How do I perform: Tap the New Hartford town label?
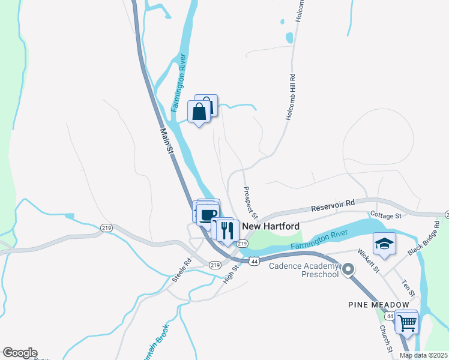coord(271,226)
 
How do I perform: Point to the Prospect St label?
coord(250,202)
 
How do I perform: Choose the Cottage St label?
coord(385,215)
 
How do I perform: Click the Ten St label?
coord(408,287)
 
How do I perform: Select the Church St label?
coord(385,338)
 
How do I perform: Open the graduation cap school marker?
coord(384,244)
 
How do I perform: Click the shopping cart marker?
coord(407,322)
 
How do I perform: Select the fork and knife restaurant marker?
coord(227,231)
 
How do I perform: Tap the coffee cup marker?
coord(208,215)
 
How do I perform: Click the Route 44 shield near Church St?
coord(390,316)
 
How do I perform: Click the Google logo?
coord(20,353)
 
